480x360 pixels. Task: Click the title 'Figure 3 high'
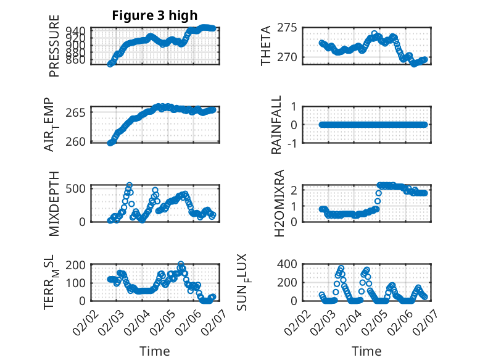pos(154,15)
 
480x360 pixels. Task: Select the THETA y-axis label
pos(266,46)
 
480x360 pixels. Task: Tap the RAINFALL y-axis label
pos(277,125)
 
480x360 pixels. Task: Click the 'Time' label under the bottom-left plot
pos(154,351)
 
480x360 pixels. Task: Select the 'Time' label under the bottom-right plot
pos(366,351)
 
